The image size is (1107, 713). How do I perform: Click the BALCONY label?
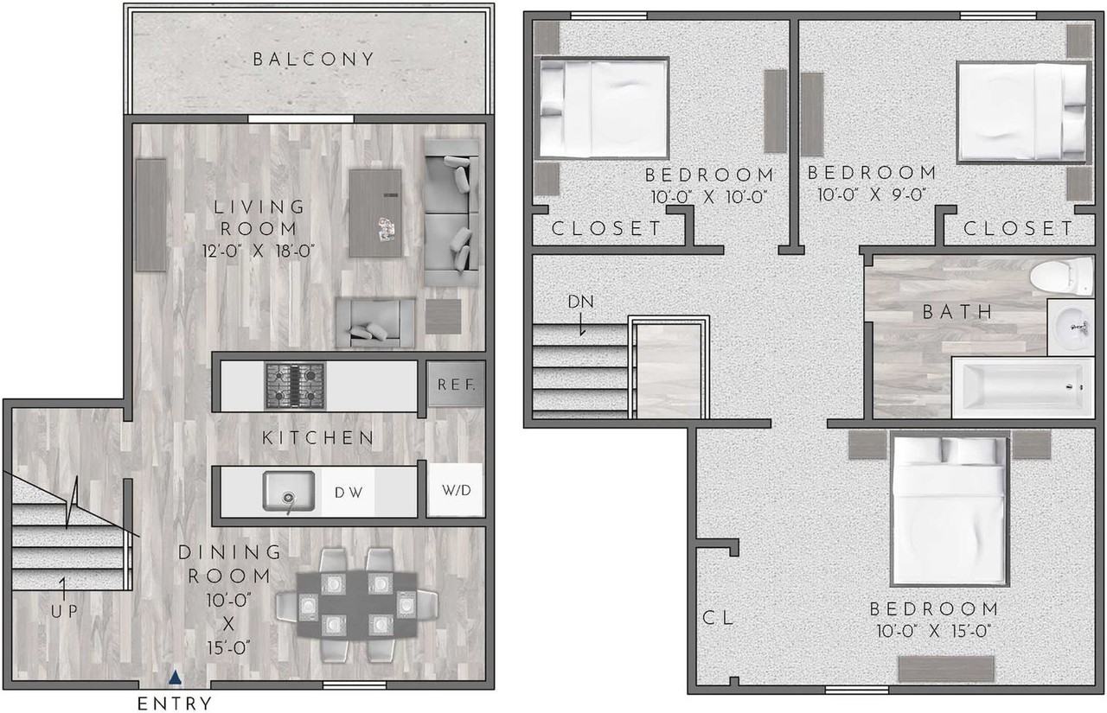[x=313, y=60]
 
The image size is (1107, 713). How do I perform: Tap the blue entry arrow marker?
[x=176, y=678]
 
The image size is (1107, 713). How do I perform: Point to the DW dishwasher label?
[x=348, y=493]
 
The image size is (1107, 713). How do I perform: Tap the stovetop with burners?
[x=294, y=385]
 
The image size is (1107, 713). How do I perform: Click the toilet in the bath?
[x=1062, y=276]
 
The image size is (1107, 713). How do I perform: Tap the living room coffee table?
[x=375, y=213]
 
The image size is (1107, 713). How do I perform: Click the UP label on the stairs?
[x=64, y=611]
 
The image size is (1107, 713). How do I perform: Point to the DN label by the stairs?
[x=580, y=302]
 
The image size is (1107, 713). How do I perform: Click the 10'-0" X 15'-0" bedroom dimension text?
[x=933, y=631]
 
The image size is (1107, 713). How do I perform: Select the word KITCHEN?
[x=318, y=438]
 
